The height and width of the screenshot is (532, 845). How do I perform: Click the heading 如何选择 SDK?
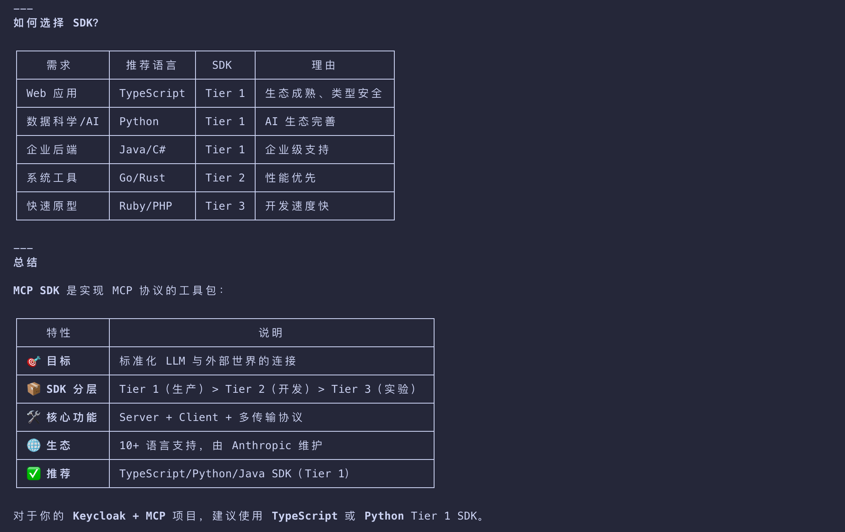(56, 23)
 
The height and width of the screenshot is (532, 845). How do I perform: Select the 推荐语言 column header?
(152, 65)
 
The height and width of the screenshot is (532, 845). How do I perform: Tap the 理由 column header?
(324, 65)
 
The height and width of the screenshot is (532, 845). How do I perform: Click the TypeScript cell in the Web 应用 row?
(152, 93)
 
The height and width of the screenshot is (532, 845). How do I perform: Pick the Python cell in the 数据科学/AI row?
(139, 121)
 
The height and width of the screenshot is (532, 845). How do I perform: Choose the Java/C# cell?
(142, 150)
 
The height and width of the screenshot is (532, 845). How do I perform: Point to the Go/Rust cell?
(142, 178)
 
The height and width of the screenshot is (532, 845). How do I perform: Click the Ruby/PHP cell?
(145, 206)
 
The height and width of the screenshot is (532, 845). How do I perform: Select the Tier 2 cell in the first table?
(225, 178)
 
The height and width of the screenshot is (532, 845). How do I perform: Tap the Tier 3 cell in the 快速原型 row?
(225, 206)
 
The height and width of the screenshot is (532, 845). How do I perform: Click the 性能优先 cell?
(291, 178)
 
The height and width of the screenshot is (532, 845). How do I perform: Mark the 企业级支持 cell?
(297, 150)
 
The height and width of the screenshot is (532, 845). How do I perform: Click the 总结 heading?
(26, 262)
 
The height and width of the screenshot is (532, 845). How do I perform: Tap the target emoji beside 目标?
(34, 361)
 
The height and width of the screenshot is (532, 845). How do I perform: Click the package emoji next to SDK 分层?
(34, 389)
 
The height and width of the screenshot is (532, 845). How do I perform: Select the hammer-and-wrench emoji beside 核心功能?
(34, 417)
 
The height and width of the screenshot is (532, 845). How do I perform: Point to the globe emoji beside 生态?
(34, 445)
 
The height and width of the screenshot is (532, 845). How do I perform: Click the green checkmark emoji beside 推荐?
(34, 474)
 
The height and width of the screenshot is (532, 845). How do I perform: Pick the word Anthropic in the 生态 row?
(261, 445)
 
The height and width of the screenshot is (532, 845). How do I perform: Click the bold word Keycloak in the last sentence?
(99, 516)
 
